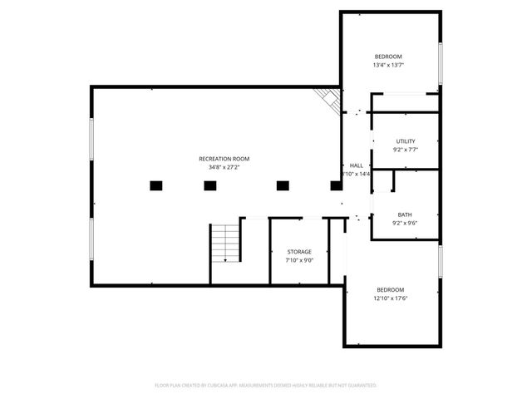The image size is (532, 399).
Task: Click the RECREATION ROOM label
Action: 224,159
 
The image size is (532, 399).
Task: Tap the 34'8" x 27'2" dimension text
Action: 224,167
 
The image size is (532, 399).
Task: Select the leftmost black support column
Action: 155,186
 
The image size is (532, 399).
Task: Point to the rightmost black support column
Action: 337,186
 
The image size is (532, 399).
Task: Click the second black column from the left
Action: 209,186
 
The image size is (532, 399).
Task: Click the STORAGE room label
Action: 299,251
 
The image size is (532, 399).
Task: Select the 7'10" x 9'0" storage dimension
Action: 299,260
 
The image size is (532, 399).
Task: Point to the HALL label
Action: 356,165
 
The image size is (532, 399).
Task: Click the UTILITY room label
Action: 405,141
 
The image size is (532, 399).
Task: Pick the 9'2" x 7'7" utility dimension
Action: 405,150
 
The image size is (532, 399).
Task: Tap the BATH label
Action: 404,214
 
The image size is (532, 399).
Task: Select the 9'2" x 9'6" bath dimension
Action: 404,223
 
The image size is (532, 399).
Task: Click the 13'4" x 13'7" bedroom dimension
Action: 388,65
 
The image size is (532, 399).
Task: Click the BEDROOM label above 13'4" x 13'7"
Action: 388,56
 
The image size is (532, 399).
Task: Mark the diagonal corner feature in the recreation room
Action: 328,99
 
